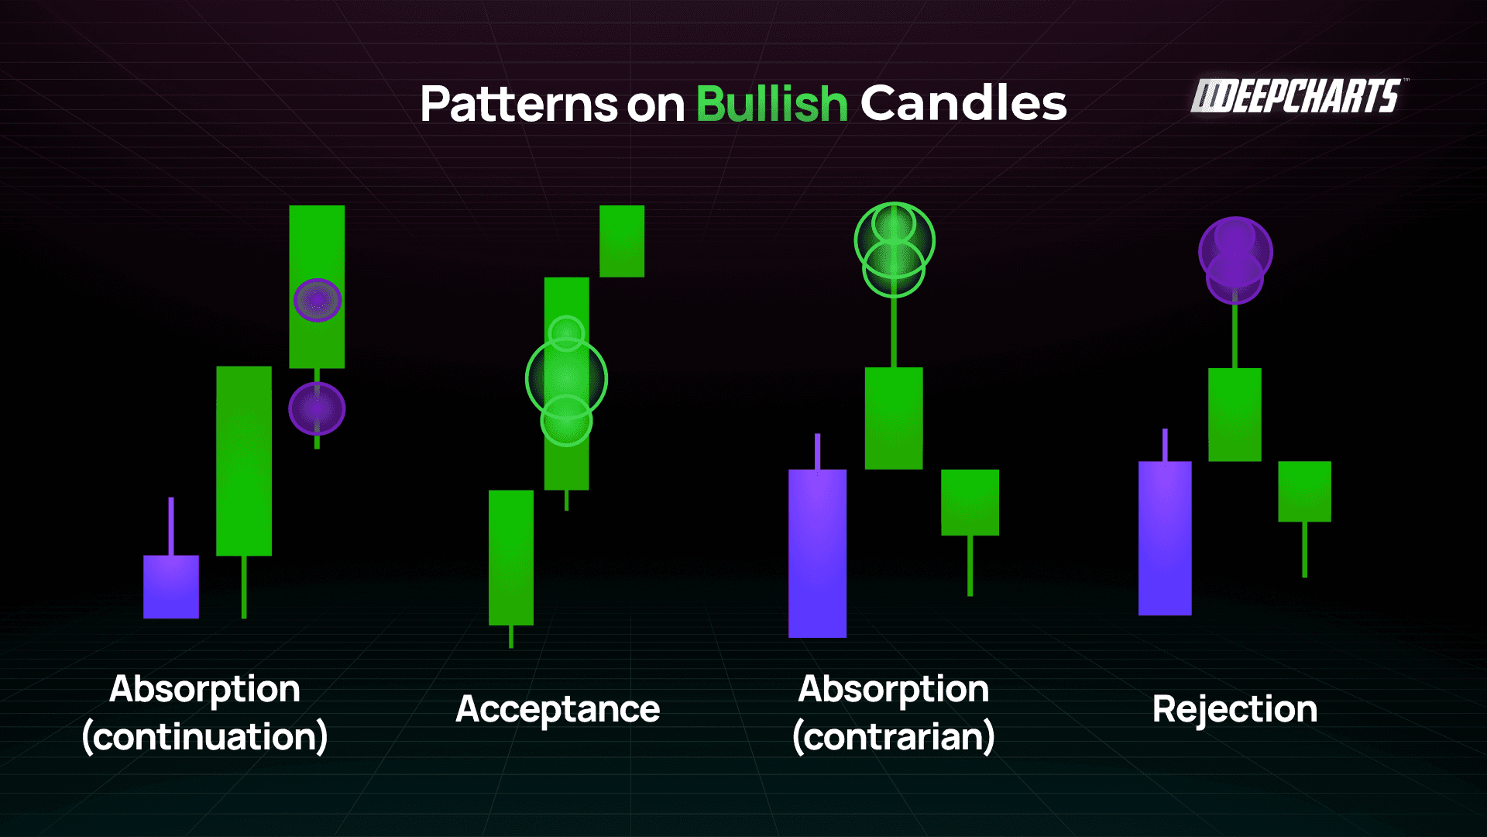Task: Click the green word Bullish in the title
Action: point(771,104)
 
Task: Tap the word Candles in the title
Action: point(963,104)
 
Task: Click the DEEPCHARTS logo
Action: point(1298,97)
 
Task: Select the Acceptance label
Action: point(558,709)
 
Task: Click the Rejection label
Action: point(1235,709)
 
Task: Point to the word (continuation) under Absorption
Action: point(205,736)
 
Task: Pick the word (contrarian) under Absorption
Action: point(893,736)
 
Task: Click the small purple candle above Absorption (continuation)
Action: point(171,586)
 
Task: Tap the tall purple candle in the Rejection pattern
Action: point(1165,538)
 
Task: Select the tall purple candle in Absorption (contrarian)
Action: point(817,553)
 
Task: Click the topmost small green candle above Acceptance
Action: point(622,241)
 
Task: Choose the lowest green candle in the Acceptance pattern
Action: point(511,557)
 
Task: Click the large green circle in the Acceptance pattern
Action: point(566,379)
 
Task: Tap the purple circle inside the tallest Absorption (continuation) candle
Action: point(318,300)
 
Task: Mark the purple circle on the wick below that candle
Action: point(317,408)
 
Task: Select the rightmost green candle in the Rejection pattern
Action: point(1304,491)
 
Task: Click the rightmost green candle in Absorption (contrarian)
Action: point(970,502)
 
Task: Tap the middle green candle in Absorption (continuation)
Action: point(244,460)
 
